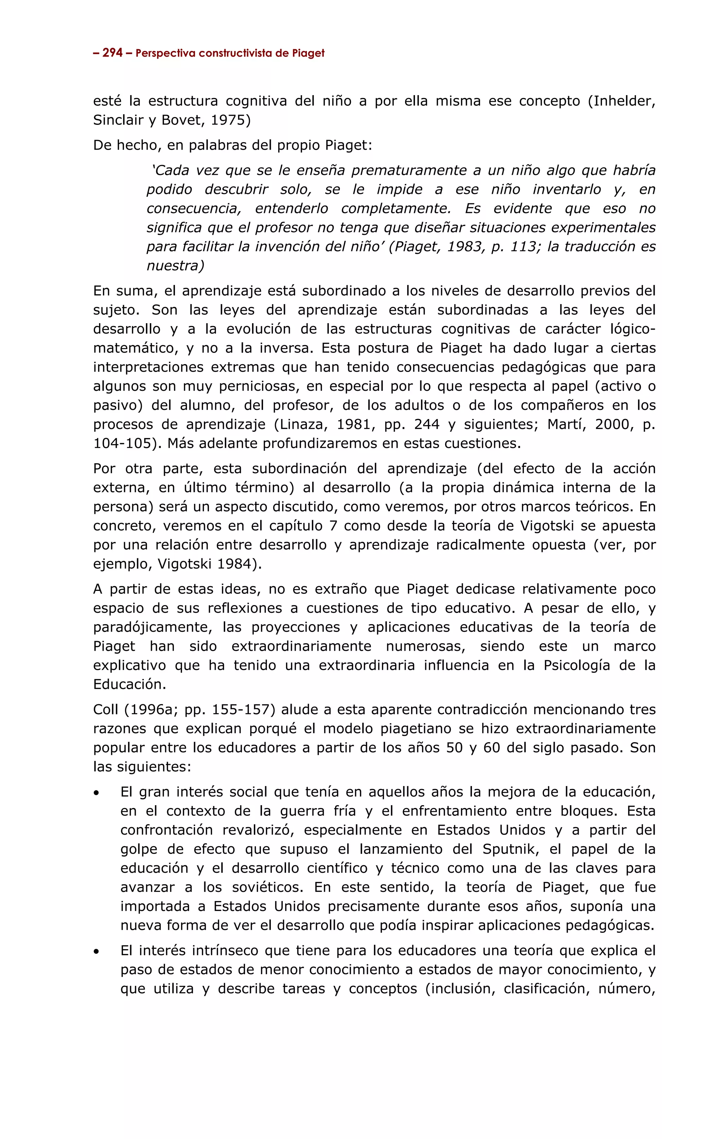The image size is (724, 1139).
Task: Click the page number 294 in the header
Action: point(112,53)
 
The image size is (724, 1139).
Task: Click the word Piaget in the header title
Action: point(308,53)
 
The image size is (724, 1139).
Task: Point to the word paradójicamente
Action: point(151,627)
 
